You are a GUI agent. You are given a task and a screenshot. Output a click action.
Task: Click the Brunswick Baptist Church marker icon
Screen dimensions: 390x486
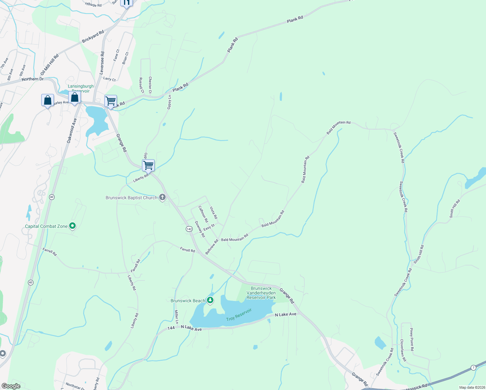(x=162, y=198)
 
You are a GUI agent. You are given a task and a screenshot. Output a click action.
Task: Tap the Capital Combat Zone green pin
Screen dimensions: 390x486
(x=73, y=226)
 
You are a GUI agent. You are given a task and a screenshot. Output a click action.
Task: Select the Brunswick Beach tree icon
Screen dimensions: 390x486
(x=210, y=300)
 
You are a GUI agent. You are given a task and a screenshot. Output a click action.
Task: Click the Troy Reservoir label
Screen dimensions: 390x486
(x=239, y=315)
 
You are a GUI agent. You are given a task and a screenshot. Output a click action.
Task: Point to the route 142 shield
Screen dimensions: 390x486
(x=189, y=229)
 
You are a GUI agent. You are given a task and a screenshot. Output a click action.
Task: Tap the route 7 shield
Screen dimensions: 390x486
(x=473, y=368)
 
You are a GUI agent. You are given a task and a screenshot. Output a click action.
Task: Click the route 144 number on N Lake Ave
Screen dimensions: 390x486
(x=171, y=328)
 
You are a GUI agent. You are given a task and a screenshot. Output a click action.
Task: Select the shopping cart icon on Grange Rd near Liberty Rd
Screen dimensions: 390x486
(x=148, y=165)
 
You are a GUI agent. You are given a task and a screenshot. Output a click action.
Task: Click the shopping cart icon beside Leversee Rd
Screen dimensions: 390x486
(x=110, y=101)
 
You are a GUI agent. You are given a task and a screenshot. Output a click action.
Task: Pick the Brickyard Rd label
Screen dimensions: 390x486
(x=93, y=36)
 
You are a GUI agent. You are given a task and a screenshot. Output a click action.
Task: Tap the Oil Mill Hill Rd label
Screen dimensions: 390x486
(x=50, y=65)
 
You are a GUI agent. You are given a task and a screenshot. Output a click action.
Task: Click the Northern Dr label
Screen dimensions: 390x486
(x=32, y=79)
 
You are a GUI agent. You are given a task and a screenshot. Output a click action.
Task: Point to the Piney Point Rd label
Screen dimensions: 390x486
(x=412, y=339)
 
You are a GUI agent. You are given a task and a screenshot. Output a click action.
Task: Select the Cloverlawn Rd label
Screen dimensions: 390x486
(x=403, y=350)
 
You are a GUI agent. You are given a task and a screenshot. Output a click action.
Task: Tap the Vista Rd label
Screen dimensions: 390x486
(x=213, y=213)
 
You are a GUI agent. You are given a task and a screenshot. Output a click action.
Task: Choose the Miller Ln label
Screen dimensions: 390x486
(x=176, y=317)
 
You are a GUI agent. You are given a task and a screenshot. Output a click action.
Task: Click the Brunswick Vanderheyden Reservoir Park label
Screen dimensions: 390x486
(x=261, y=293)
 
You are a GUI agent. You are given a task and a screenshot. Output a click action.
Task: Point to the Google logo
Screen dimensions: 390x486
(x=11, y=386)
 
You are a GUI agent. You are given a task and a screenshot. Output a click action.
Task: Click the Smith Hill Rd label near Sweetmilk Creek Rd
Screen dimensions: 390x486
(x=419, y=254)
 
